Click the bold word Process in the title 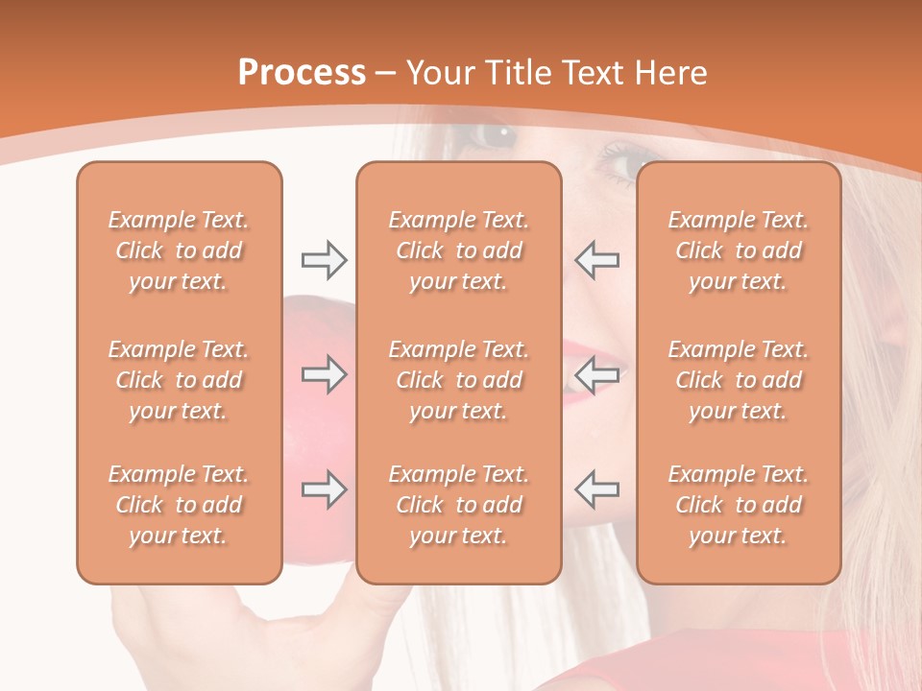pos(302,72)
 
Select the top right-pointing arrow pos(325,260)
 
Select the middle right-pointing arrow pos(325,374)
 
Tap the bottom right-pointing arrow pos(325,489)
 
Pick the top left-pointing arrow pos(597,260)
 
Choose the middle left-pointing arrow pos(597,374)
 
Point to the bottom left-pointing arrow pos(597,489)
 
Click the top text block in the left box pos(179,250)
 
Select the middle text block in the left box pos(179,380)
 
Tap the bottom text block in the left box pos(179,505)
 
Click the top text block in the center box pos(458,250)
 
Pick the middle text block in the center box pos(458,380)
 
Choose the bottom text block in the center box pos(458,505)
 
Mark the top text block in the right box pos(738,250)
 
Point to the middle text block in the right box pos(738,380)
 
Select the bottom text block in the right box pos(738,505)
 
